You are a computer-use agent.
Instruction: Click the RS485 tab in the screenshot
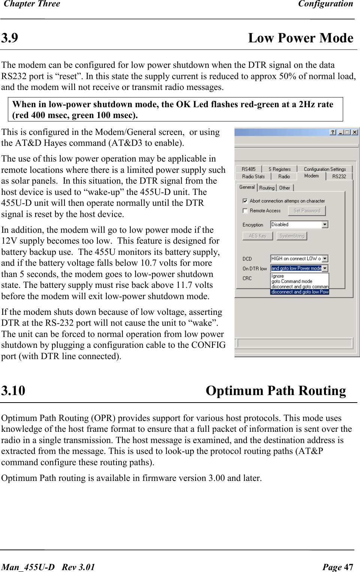click(x=248, y=169)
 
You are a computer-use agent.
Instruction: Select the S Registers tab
click(x=279, y=169)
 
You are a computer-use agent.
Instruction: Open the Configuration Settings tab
click(x=325, y=169)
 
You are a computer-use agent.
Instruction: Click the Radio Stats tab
click(x=253, y=177)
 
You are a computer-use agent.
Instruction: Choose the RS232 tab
click(x=339, y=177)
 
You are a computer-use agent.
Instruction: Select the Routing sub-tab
click(x=267, y=188)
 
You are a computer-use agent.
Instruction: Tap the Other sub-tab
click(x=284, y=188)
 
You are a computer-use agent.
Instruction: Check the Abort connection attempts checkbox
click(x=245, y=201)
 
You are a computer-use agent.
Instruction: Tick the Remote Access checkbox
click(x=245, y=211)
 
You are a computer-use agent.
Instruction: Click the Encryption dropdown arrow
click(x=325, y=225)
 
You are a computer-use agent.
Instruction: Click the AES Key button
click(x=257, y=236)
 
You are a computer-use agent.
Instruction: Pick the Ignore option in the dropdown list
click(x=278, y=276)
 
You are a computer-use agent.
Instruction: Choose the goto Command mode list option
click(x=292, y=282)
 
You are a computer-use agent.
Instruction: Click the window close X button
click(x=354, y=132)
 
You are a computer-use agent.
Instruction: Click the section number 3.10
click(x=13, y=391)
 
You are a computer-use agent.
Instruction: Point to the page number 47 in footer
click(x=348, y=567)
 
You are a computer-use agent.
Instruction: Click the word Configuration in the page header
click(x=326, y=4)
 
